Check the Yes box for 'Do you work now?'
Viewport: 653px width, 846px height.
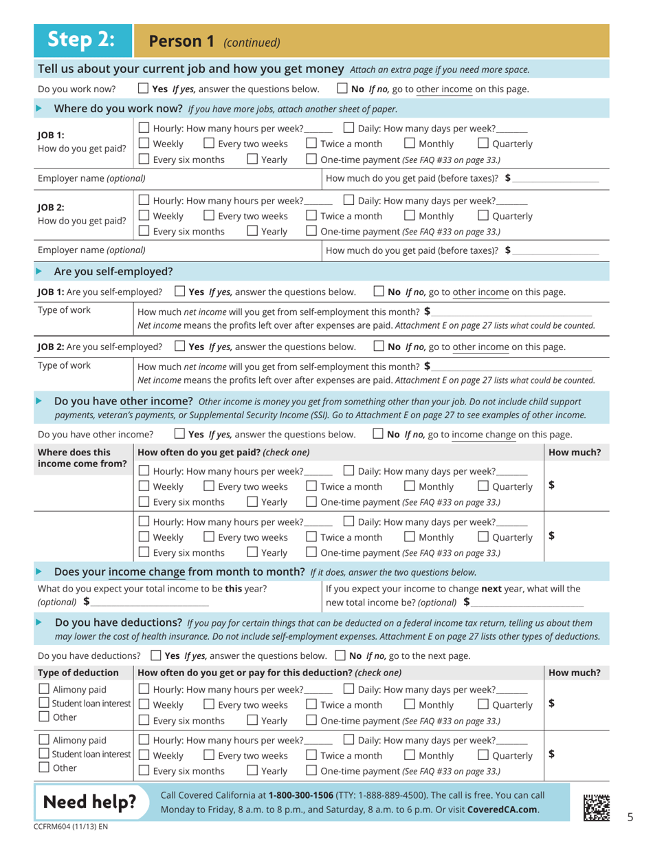click(x=143, y=89)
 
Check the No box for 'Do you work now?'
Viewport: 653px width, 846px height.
click(x=342, y=89)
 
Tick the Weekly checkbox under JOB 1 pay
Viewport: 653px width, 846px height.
click(x=144, y=144)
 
